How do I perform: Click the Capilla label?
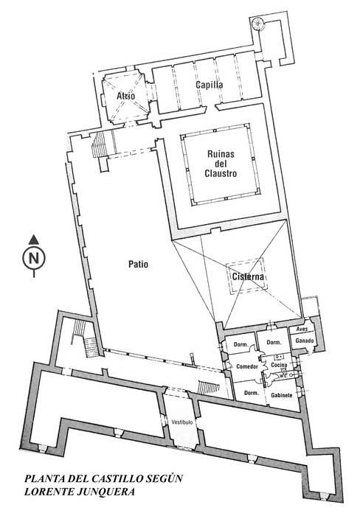tap(210, 85)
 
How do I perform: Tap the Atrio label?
tap(126, 96)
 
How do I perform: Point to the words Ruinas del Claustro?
tap(221, 164)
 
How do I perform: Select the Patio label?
tap(139, 264)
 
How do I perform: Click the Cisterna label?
tap(248, 276)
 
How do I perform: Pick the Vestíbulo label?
tap(181, 422)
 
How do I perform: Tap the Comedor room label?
tap(247, 366)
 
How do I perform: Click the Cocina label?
tap(279, 365)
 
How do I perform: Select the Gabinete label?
tap(282, 395)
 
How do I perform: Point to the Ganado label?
tap(305, 341)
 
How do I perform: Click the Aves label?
tap(302, 329)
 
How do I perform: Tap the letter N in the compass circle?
tap(34, 258)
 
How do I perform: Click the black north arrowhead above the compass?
tap(34, 240)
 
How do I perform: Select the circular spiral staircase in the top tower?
tap(257, 24)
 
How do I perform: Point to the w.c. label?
tap(283, 376)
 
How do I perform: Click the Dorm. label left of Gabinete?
tap(251, 393)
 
